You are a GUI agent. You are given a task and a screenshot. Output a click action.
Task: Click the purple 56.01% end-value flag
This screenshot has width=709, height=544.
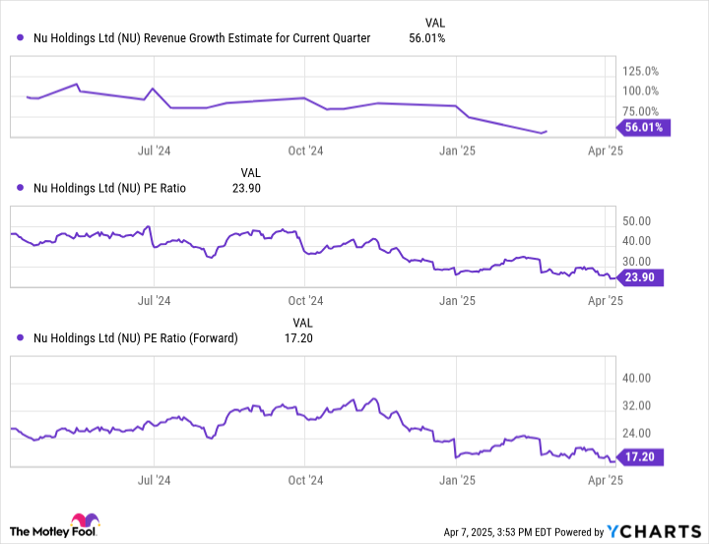pyautogui.click(x=644, y=127)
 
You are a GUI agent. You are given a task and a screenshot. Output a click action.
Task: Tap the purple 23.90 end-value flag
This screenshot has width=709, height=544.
pyautogui.click(x=644, y=277)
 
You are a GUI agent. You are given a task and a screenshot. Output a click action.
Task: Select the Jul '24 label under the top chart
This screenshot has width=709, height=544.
pyautogui.click(x=154, y=151)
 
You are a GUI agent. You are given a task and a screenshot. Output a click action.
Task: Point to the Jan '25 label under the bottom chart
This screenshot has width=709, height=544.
pyautogui.click(x=457, y=481)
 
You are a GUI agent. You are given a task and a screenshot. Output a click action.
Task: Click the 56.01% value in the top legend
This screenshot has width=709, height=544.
pyautogui.click(x=426, y=38)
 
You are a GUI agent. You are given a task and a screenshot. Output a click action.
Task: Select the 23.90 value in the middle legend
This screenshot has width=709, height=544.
pyautogui.click(x=244, y=188)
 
